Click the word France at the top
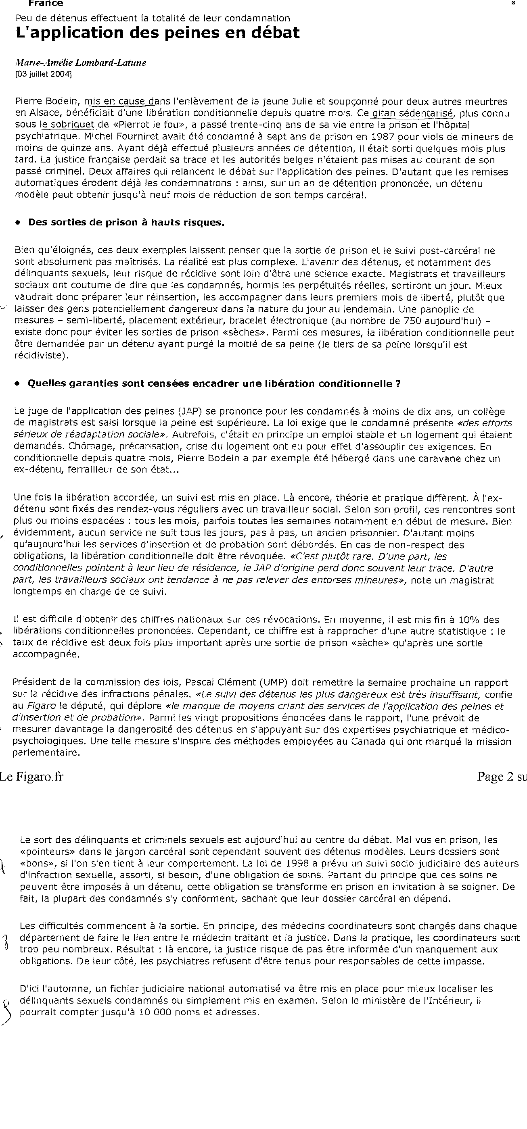pos(46,4)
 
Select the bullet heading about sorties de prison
pos(126,222)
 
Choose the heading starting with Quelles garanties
pos(214,383)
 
